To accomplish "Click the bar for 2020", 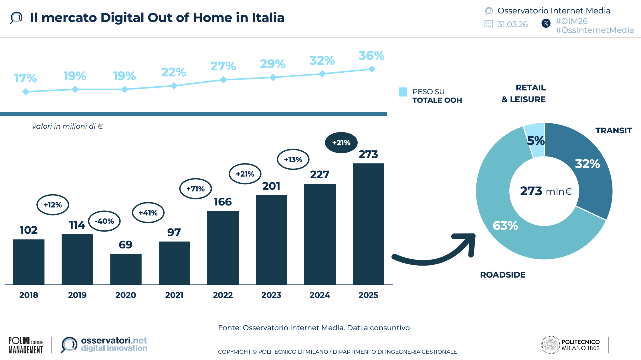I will pyautogui.click(x=126, y=269).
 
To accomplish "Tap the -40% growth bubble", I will pyautogui.click(x=104, y=221).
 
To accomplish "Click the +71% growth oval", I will pyautogui.click(x=195, y=189).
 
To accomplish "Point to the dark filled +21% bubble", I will pyautogui.click(x=341, y=143).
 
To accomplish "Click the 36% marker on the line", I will pyautogui.click(x=372, y=69).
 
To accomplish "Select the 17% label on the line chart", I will pyautogui.click(x=25, y=78).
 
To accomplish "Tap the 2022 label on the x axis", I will pyautogui.click(x=223, y=295).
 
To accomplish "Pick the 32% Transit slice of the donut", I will pyautogui.click(x=589, y=169).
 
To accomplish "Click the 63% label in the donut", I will pyautogui.click(x=505, y=226).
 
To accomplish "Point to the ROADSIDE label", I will pyautogui.click(x=502, y=275).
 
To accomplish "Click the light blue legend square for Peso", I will pyautogui.click(x=403, y=92).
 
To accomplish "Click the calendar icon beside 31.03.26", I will pyautogui.click(x=488, y=24).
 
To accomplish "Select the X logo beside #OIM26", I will pyautogui.click(x=546, y=23).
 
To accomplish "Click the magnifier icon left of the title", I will pyautogui.click(x=16, y=17).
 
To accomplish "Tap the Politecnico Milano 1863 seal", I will pyautogui.click(x=550, y=345).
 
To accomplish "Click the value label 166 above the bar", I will pyautogui.click(x=222, y=202).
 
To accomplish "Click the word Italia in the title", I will pyautogui.click(x=268, y=18).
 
